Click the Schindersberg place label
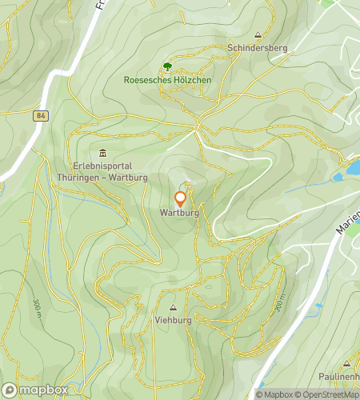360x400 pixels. (256, 48)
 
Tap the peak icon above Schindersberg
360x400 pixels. (257, 35)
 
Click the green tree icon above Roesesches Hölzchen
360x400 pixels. (167, 66)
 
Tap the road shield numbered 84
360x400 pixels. (41, 116)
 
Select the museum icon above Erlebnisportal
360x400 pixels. (102, 153)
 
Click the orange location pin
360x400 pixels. (181, 198)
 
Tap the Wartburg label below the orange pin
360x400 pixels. (181, 213)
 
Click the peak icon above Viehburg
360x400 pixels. (173, 306)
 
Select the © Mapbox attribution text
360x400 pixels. (274, 394)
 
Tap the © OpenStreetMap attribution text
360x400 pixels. (327, 394)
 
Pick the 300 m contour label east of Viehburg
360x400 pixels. (279, 302)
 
